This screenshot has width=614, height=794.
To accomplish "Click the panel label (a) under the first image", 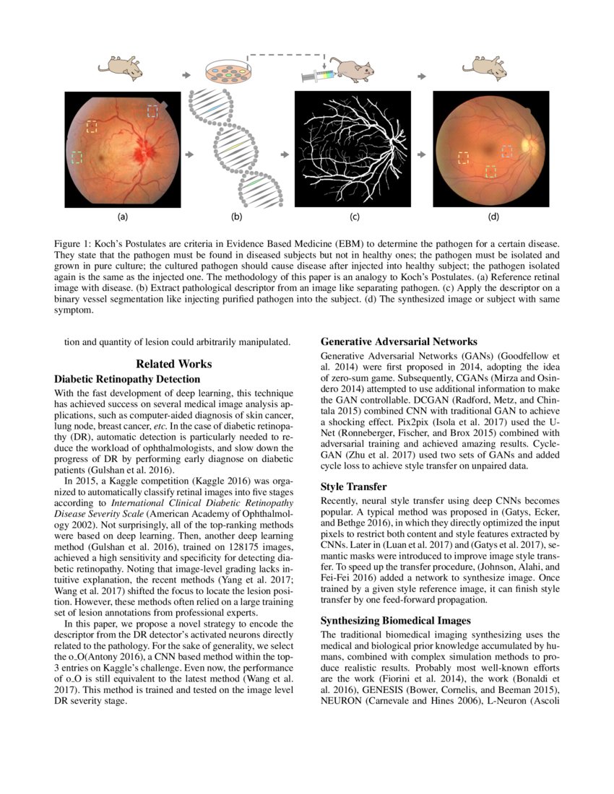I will tap(123, 216).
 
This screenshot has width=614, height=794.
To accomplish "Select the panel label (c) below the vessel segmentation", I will tap(355, 216).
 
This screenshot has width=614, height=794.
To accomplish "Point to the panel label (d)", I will tap(493, 216).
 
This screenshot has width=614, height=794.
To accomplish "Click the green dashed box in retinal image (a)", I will tap(77, 157).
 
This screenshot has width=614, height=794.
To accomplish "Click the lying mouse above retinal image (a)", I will tap(120, 66).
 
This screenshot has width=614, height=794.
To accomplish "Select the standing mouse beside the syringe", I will tap(355, 71).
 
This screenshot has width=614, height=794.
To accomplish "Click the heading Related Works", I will tap(173, 365).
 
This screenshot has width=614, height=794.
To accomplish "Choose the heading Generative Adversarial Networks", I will tap(399, 341).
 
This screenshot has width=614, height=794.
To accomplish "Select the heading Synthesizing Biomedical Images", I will tap(395, 620).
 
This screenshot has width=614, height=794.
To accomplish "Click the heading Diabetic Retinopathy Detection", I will tap(127, 379).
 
